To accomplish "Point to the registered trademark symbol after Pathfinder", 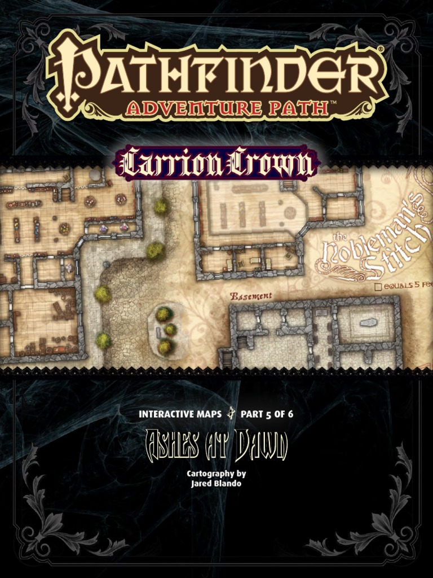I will coord(381,50).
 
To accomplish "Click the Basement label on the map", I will coord(251,296).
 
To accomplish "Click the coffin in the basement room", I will coord(368,323).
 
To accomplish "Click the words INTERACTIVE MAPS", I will coord(179,414).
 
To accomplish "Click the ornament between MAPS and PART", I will coord(230,414).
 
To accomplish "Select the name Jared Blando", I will coord(217,484).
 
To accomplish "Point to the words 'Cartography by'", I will coord(216,474).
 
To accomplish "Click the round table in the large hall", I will coord(290,212).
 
